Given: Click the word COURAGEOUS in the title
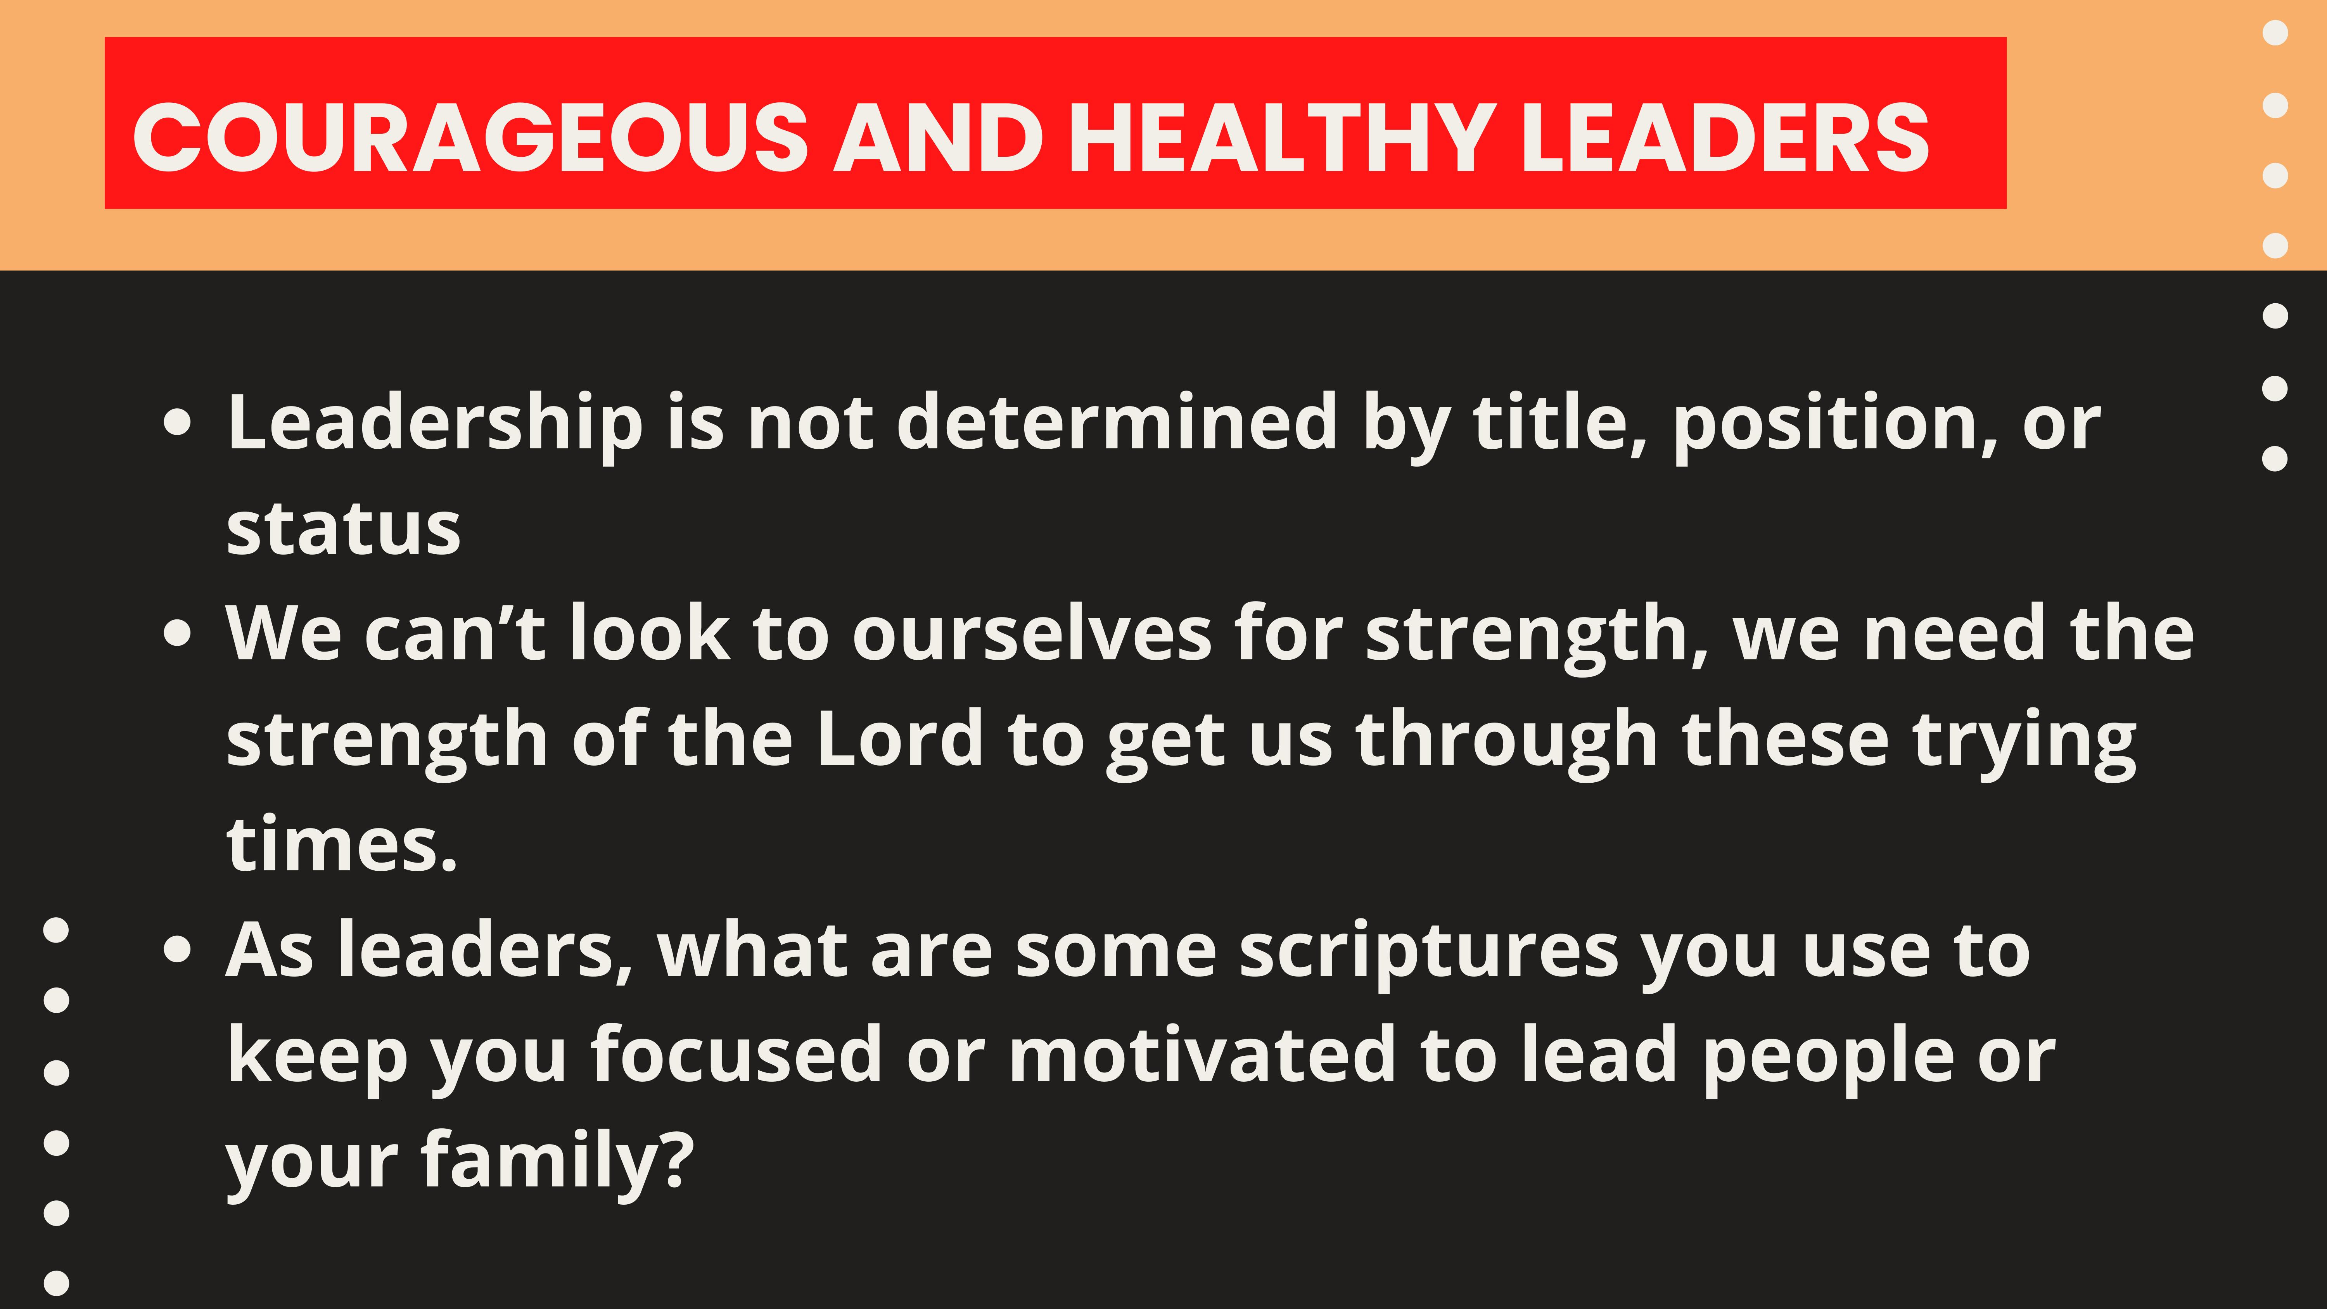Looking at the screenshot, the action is pyautogui.click(x=471, y=137).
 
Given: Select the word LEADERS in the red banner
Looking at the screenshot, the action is pyautogui.click(x=1725, y=137).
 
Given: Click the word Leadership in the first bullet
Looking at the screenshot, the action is pyautogui.click(x=436, y=425).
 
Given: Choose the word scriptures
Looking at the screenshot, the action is pyautogui.click(x=1429, y=954).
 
